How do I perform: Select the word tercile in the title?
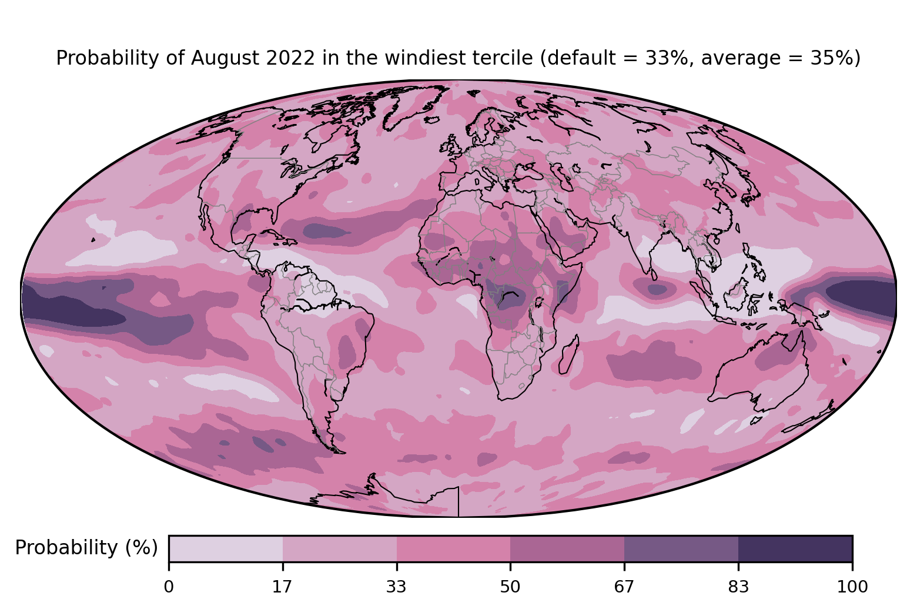point(506,58)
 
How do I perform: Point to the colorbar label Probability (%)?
point(86,548)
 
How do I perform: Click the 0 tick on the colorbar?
point(169,587)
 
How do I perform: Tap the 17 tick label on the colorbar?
point(282,587)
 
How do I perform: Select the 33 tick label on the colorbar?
point(396,587)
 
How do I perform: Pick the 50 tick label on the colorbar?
point(510,587)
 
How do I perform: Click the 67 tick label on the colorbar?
point(624,587)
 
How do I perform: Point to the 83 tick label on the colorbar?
point(738,587)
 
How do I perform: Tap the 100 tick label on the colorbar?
point(852,587)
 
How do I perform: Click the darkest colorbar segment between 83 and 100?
point(795,548)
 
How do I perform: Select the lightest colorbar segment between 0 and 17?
point(226,548)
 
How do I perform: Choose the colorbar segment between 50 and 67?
point(567,548)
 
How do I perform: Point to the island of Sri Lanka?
point(652,274)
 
